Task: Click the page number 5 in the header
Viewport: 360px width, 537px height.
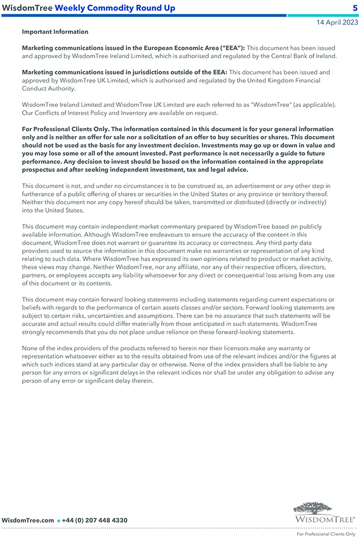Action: coord(355,8)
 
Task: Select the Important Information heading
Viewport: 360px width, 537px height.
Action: coord(55,32)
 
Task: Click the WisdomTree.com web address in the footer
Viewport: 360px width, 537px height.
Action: coord(28,520)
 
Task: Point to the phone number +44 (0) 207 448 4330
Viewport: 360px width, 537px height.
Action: coord(95,520)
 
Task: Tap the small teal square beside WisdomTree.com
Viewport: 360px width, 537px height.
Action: coord(58,521)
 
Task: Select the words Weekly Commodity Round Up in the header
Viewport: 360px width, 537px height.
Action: coord(115,8)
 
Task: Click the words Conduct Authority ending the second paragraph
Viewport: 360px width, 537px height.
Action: coord(49,89)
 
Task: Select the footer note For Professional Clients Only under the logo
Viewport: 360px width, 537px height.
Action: coord(326,534)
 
